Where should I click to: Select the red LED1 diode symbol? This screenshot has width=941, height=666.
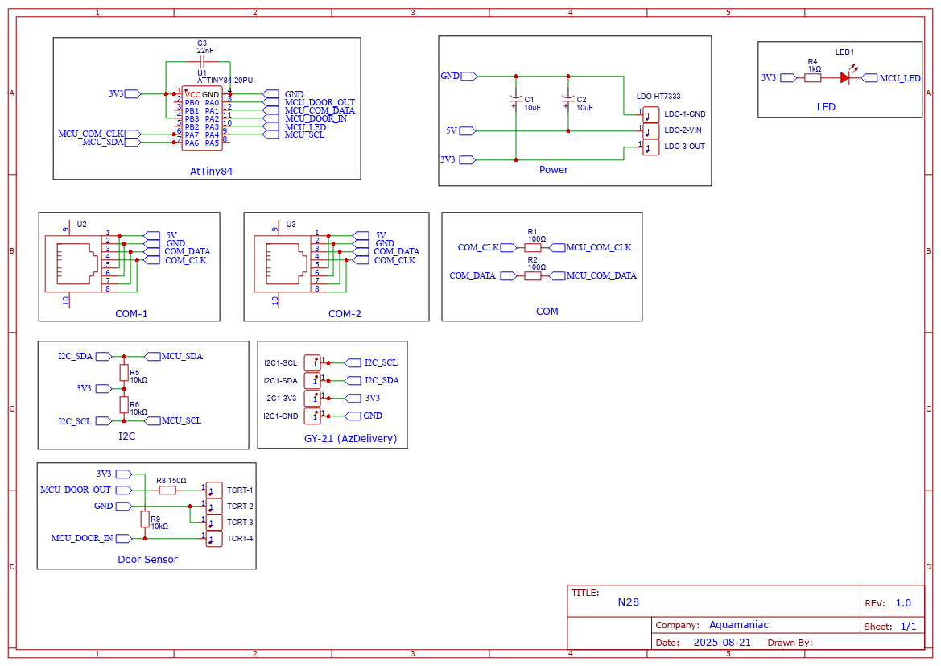pos(844,78)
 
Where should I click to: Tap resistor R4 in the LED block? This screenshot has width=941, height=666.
pos(813,78)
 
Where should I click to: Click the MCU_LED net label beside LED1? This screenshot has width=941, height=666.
pos(899,78)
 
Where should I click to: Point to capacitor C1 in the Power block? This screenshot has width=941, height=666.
pos(516,101)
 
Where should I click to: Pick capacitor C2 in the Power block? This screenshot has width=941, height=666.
pos(568,101)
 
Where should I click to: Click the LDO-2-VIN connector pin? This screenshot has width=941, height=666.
pos(650,130)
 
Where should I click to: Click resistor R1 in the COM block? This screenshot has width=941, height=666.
pos(532,248)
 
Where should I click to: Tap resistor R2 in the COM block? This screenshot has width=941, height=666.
pos(532,276)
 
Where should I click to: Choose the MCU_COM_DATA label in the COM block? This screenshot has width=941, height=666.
pos(601,276)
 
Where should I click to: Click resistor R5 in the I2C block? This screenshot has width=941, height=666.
pos(124,372)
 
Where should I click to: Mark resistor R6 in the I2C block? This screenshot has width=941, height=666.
pos(124,404)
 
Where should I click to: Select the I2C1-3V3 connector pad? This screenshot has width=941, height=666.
pos(312,398)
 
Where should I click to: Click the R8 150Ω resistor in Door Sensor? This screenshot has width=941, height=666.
pos(167,490)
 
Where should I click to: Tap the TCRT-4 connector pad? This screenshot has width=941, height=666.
pos(214,538)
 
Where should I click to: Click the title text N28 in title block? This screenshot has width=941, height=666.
pos(628,602)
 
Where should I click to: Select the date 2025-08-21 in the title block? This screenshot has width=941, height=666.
pos(722,643)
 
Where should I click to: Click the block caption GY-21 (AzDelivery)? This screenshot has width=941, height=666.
pos(350,439)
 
